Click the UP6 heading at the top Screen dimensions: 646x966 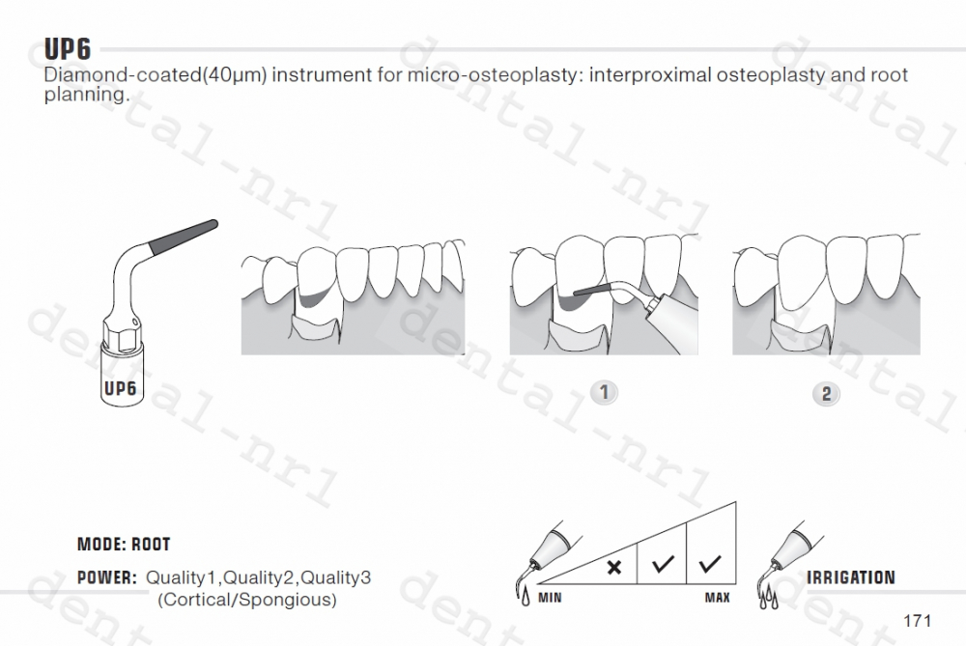[x=67, y=50]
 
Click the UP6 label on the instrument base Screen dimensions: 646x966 [x=120, y=389]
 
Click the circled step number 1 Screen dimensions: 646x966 [x=604, y=392]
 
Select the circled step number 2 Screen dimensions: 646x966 [x=826, y=393]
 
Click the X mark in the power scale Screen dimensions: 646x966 [x=613, y=567]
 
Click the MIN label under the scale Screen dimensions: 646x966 [x=550, y=598]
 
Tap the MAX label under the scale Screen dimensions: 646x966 [x=718, y=598]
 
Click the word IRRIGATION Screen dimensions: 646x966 [x=851, y=577]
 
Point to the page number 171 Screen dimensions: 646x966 [x=917, y=619]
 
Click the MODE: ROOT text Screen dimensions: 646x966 [x=124, y=546]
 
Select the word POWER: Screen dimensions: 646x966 [x=107, y=578]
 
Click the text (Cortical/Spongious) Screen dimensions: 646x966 [x=247, y=600]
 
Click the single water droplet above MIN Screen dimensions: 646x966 [x=526, y=598]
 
